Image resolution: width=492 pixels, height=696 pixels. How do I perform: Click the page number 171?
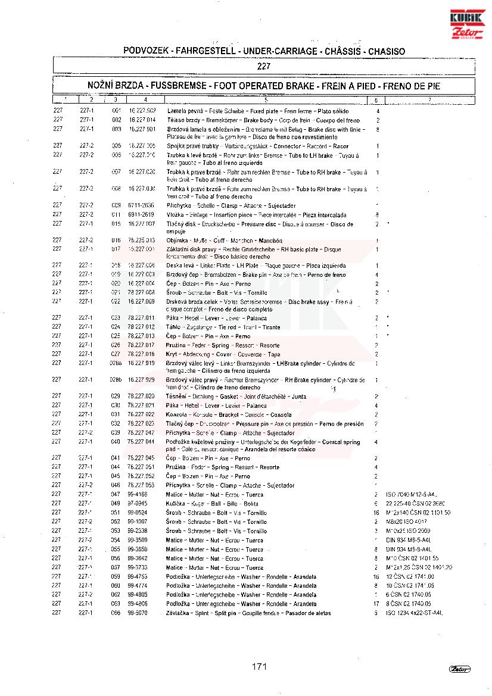(x=259, y=666)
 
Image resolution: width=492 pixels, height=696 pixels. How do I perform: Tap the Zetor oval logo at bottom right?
(x=460, y=669)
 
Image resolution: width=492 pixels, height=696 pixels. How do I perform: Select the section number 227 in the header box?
(x=264, y=66)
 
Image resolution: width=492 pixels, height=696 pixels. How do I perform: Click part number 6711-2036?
(x=141, y=205)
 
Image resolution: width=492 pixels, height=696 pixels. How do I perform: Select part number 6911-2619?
(x=141, y=214)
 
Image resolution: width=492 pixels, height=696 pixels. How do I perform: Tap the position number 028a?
(x=116, y=363)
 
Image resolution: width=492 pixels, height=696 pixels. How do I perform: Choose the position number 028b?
(x=116, y=380)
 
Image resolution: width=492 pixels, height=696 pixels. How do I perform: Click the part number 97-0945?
(x=138, y=504)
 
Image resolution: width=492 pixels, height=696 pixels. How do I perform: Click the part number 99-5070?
(x=138, y=613)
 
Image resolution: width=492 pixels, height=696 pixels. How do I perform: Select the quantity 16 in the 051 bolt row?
(x=376, y=513)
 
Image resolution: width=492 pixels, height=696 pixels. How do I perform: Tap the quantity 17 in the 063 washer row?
(x=376, y=604)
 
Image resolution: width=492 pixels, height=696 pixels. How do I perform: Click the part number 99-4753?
(x=138, y=576)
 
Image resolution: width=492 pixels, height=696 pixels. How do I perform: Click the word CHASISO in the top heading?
(x=387, y=51)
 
